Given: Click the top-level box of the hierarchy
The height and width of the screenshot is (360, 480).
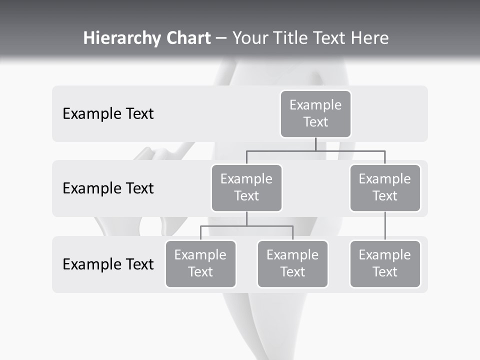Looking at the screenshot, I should pos(315,113).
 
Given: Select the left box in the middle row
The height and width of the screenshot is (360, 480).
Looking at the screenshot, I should pos(246,187).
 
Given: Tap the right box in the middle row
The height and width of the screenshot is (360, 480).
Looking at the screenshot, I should pos(385,187).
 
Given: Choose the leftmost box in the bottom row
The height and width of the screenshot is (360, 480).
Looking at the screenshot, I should pos(200,263).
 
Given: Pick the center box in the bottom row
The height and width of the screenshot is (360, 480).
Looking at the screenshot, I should pos(292,263).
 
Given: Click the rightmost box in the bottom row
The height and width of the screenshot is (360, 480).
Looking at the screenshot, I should pos(385,263).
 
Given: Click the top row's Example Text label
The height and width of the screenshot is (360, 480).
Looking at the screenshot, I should pos(108,114).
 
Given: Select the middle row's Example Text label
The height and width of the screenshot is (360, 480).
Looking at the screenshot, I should pos(108,188).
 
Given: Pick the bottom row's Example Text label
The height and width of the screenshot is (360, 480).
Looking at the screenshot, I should pos(108,264).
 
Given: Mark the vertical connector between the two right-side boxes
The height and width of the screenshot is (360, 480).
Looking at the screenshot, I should pos(385,226).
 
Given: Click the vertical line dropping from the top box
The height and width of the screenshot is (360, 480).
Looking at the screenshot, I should pos(315,144).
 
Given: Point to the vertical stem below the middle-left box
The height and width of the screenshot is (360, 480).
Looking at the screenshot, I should pos(246,218).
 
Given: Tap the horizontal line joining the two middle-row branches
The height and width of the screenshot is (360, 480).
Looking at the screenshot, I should pos(315,150).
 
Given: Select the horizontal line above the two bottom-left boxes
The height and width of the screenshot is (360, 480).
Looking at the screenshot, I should pos(246,226).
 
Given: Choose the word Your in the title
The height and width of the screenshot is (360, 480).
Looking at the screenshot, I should pos(251,38).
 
